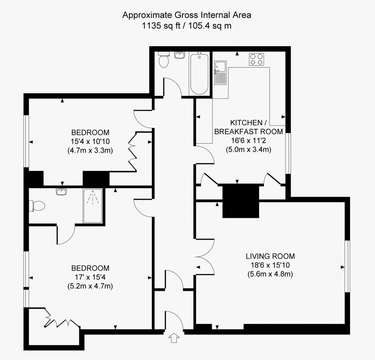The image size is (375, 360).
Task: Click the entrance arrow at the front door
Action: click(174, 338)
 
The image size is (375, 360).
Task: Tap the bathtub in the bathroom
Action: click(199, 73)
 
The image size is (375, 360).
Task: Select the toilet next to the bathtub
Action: click(164, 60)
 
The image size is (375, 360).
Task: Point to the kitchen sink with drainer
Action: click(221, 73)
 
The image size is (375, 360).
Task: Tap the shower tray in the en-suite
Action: click(93, 206)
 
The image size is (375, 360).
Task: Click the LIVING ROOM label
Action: click(270, 256)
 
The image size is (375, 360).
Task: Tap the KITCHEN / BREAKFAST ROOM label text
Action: click(248, 127)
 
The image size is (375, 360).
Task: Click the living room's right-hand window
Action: click(347, 266)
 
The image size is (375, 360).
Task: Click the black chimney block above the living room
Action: click(240, 201)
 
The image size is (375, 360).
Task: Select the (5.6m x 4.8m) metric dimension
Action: click(270, 274)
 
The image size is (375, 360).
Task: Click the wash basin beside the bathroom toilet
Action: click(179, 55)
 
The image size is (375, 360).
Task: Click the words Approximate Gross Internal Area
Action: click(187, 15)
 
